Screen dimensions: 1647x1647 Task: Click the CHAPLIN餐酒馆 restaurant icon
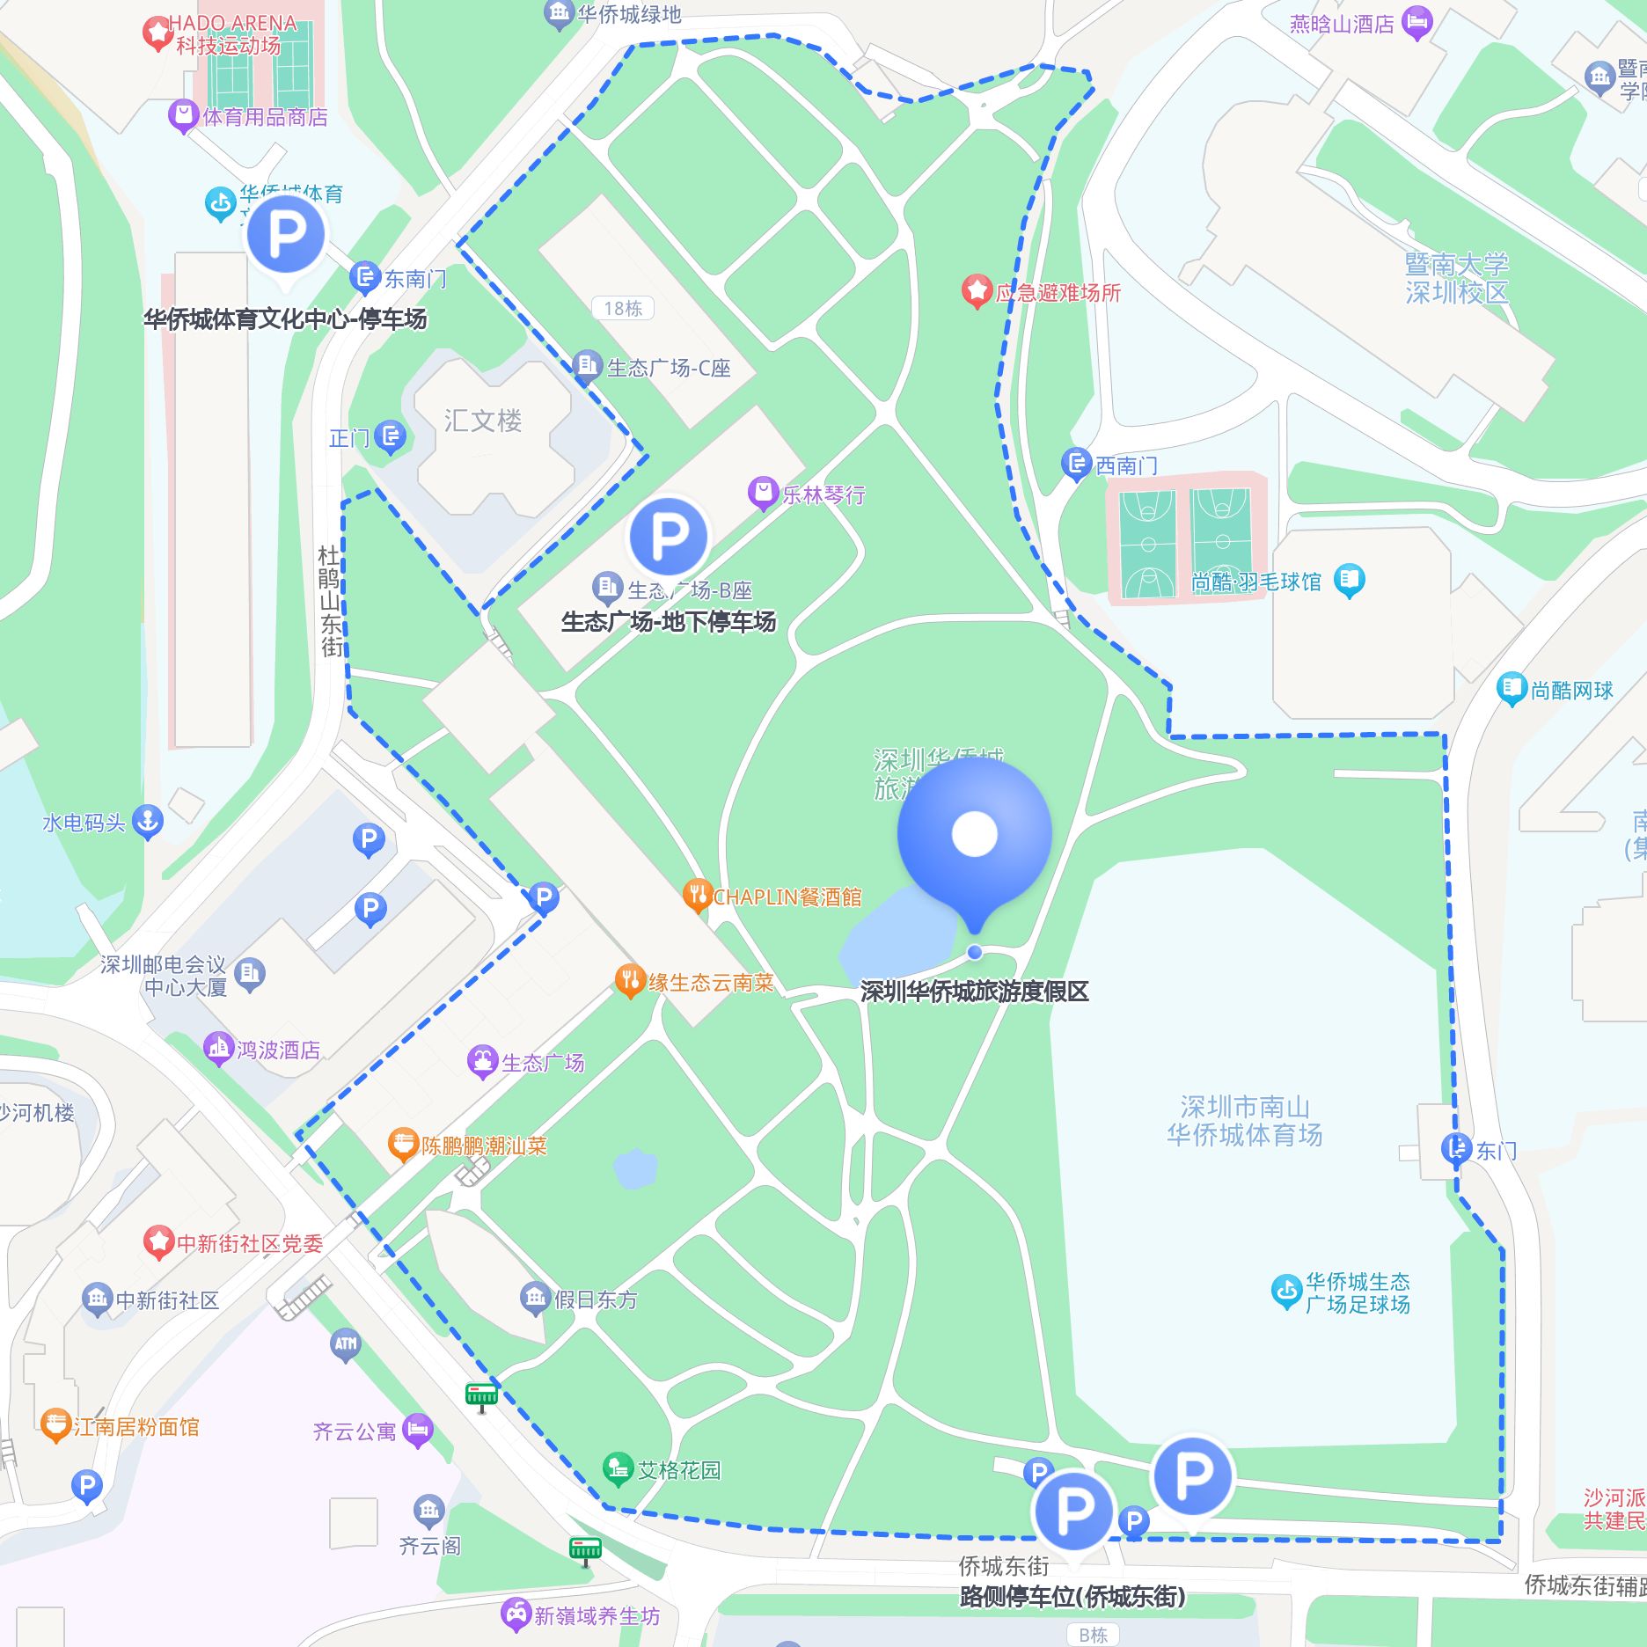point(697,896)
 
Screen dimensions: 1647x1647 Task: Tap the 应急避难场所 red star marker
point(976,291)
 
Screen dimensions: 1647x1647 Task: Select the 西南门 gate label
point(1126,465)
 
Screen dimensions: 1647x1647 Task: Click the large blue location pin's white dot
point(974,833)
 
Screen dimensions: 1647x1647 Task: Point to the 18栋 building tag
point(623,308)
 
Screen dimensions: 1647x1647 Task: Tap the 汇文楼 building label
point(482,421)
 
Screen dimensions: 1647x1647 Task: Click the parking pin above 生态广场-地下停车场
point(669,536)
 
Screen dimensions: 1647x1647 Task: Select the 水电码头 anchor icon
point(148,822)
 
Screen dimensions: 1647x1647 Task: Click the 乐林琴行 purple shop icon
point(762,494)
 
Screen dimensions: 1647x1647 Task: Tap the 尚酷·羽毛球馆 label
point(1256,582)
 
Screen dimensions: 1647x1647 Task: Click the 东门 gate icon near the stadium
point(1456,1148)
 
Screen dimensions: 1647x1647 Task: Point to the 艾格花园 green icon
point(618,1468)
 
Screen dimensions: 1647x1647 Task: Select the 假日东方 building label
point(596,1299)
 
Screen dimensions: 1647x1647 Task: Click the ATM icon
point(345,1344)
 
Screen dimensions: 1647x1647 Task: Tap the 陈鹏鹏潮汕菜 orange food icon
point(402,1145)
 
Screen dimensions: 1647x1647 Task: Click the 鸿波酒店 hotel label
point(278,1050)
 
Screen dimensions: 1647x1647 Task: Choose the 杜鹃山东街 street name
point(329,601)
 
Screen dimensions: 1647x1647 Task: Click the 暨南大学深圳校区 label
point(1456,278)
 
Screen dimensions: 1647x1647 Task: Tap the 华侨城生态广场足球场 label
point(1357,1292)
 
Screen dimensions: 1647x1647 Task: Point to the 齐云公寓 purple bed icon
point(417,1431)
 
